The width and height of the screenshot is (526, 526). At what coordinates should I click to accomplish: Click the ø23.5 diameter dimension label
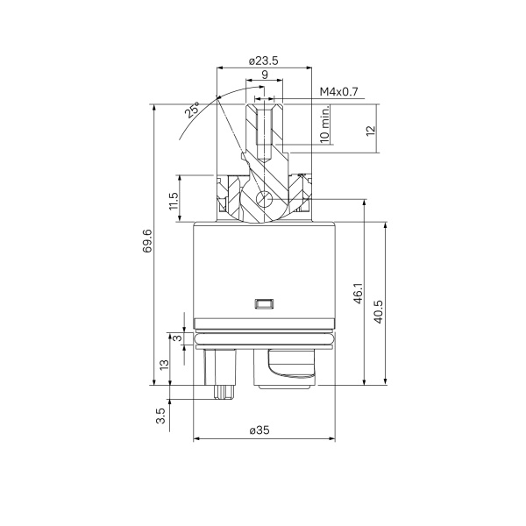tap(264, 60)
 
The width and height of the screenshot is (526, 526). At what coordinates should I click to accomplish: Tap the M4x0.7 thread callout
tap(339, 91)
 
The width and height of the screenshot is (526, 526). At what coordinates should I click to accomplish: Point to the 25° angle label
tap(191, 111)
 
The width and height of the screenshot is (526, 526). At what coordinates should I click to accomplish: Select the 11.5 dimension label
tap(174, 206)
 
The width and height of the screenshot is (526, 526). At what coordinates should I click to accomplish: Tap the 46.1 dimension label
tap(357, 294)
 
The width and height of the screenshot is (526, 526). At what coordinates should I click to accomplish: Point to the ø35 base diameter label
tap(263, 430)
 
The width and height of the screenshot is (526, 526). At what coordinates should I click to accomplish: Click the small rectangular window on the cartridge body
tap(264, 304)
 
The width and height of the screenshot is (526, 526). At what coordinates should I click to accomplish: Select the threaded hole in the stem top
tap(265, 123)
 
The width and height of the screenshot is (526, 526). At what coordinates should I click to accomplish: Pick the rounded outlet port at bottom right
tap(289, 366)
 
